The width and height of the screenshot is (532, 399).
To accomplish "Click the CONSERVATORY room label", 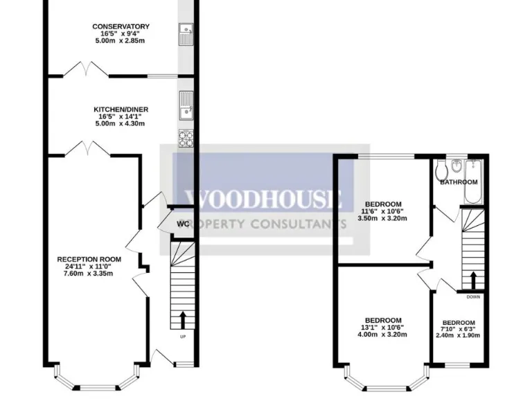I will click(121, 27).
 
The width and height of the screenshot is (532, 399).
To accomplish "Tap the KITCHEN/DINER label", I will click(121, 109).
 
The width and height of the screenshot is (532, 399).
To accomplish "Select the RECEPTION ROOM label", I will click(89, 260).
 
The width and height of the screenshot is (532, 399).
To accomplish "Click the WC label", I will click(183, 224).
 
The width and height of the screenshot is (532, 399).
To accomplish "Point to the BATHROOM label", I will click(459, 182).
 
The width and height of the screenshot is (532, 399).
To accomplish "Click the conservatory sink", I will click(185, 30).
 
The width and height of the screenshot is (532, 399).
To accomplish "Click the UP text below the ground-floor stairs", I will click(183, 337).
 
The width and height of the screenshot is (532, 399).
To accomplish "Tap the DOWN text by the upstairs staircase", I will click(473, 297).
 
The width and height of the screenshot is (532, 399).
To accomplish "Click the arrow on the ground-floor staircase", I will click(183, 319).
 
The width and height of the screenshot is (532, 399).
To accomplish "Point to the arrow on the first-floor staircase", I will click(473, 278).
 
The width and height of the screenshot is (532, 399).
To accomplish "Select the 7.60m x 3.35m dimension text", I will click(89, 274).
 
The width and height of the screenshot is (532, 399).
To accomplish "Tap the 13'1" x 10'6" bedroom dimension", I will click(383, 327).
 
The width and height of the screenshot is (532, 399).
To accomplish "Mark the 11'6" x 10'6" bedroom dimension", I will click(383, 211).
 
